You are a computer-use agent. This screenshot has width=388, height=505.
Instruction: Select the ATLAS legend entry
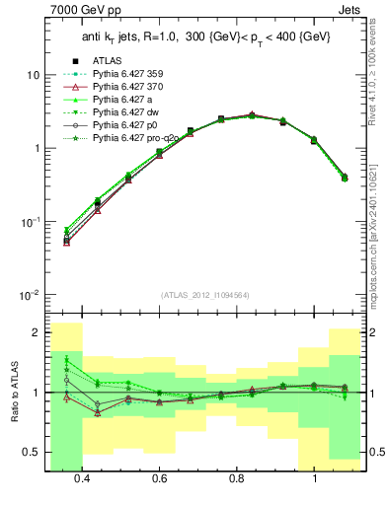[x=105, y=59]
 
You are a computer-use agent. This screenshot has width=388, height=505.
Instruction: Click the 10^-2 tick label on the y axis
[x=30, y=295]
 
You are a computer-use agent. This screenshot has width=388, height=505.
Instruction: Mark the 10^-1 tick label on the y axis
[x=30, y=222]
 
